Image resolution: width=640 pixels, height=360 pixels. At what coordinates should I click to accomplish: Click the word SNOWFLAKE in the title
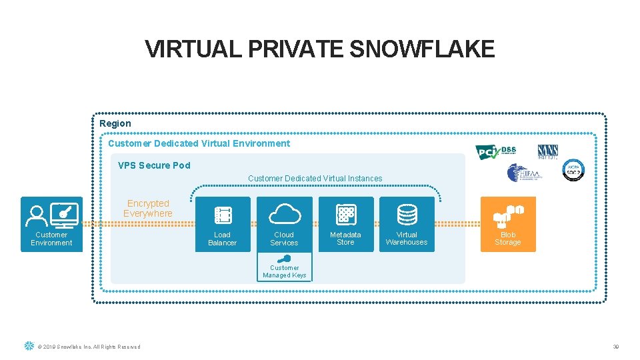tap(422, 49)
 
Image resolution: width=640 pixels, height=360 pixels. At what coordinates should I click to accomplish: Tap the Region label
tap(115, 123)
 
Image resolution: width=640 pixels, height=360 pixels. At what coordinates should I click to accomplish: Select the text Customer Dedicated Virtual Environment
tap(199, 143)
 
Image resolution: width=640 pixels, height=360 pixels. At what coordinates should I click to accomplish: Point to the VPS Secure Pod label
tap(154, 165)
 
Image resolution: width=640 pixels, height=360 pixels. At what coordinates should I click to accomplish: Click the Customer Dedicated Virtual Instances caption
tap(315, 179)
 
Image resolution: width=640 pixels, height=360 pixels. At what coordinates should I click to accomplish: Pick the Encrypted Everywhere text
tap(148, 209)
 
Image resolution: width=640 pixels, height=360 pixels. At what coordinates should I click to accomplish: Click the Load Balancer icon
tap(223, 215)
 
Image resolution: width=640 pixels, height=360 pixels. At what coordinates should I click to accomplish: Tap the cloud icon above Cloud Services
tap(285, 214)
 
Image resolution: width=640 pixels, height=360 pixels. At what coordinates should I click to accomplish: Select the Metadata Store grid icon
tap(346, 214)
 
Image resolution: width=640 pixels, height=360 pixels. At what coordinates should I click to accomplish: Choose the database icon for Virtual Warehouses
tap(407, 214)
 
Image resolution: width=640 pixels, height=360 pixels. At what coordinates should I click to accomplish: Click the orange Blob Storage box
tap(508, 224)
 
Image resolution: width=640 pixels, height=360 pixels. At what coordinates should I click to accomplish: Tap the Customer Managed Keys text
tap(285, 271)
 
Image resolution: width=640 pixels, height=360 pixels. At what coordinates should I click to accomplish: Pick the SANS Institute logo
tap(548, 151)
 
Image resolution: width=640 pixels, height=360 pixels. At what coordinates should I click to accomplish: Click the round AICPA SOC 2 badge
tap(573, 169)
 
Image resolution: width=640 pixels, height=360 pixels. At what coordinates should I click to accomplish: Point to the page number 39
tap(617, 347)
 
